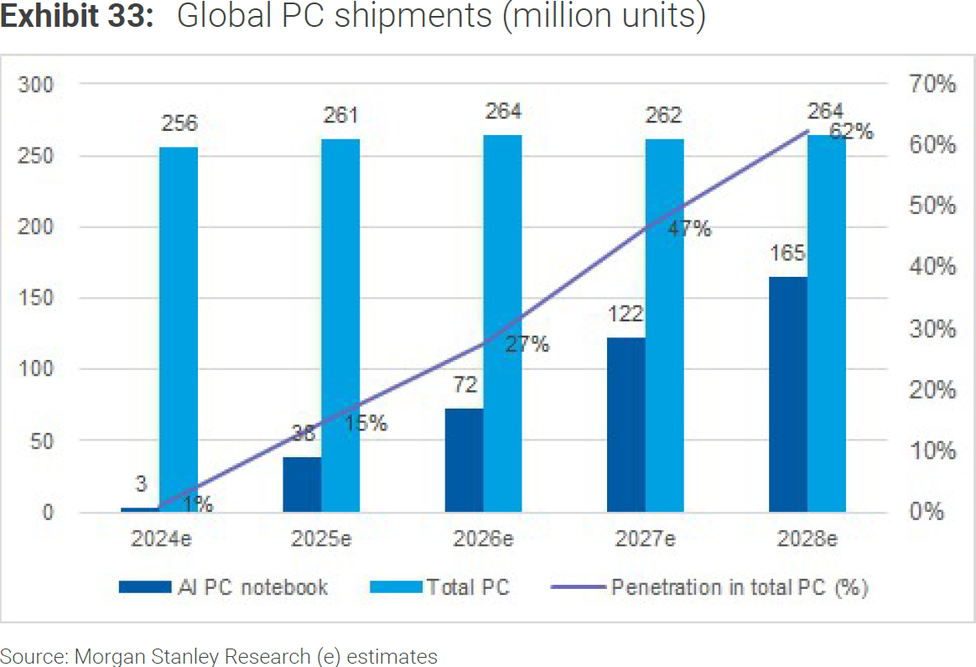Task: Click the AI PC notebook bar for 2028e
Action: tap(787, 393)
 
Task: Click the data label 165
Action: tap(787, 253)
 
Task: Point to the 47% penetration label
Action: tap(689, 228)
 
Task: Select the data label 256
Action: tap(179, 123)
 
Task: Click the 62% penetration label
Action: tap(851, 132)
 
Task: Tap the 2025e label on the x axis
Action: tap(321, 539)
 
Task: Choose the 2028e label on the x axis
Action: tap(807, 539)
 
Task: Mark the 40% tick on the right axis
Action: tap(932, 267)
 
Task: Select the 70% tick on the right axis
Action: tap(932, 84)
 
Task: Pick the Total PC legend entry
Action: tap(468, 587)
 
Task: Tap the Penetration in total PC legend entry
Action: tap(739, 587)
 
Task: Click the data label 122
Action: tap(625, 315)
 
